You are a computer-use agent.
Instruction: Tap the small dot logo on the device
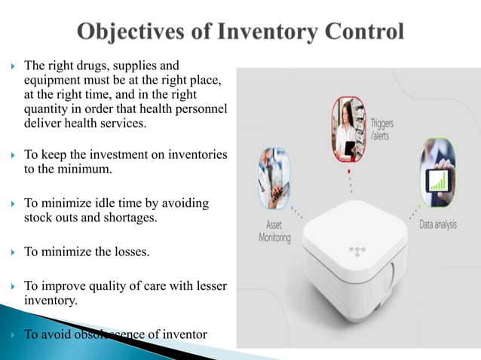[356, 249]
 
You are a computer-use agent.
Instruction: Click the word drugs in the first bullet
[91, 66]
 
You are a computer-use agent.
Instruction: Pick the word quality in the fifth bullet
[115, 285]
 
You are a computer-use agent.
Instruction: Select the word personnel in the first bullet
[202, 109]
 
